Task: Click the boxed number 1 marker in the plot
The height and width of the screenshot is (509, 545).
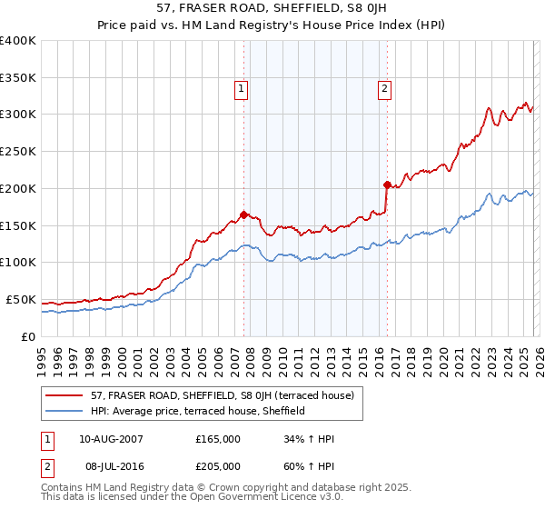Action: coord(242,88)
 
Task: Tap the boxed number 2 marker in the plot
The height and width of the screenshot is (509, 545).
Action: coord(385,88)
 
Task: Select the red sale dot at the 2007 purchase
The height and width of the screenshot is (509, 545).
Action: coord(243,215)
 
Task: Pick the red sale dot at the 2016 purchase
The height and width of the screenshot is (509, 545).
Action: coord(387,185)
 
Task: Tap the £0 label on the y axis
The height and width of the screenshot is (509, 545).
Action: coord(27,336)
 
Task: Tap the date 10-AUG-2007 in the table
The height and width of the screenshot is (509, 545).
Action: coord(111,439)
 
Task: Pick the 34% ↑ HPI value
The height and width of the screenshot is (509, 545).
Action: coord(310,439)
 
